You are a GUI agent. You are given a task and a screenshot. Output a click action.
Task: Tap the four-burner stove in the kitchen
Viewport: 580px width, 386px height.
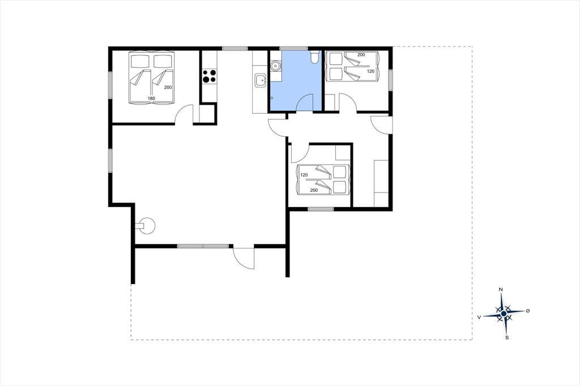tap(209, 76)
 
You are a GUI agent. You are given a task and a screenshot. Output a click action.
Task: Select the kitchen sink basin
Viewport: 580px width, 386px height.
tap(260, 80)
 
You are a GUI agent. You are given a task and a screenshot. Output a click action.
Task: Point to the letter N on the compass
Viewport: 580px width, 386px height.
tap(501, 289)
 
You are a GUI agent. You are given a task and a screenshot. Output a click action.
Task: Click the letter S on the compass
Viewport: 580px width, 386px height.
tap(507, 337)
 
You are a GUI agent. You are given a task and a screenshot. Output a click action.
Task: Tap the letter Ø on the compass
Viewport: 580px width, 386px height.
tap(528, 311)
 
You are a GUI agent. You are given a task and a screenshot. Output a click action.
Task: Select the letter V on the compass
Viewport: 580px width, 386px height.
tap(479, 317)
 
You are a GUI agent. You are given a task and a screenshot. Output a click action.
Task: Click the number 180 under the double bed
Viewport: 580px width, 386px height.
tap(151, 98)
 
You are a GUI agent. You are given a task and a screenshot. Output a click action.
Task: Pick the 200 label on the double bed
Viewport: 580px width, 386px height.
tap(168, 87)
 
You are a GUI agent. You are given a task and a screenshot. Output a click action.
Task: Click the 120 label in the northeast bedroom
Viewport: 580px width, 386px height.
tap(370, 71)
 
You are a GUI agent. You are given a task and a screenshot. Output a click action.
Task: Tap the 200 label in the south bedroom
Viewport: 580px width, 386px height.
tap(314, 190)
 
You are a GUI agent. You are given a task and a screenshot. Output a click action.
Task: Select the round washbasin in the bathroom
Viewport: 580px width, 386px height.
tap(276, 66)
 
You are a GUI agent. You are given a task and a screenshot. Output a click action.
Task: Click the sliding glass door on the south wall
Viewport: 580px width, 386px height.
tap(203, 246)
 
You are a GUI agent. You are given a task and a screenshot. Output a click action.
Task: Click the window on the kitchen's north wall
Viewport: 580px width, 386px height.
tap(234, 48)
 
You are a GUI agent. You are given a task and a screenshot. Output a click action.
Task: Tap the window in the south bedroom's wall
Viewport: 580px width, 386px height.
tap(321, 209)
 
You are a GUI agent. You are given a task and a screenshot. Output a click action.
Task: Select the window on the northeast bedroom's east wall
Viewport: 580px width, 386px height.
tap(391, 80)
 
